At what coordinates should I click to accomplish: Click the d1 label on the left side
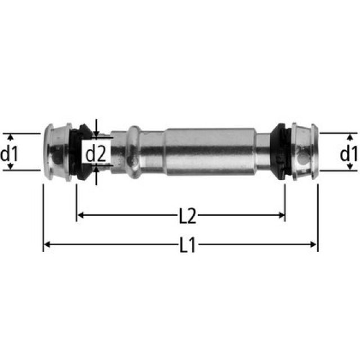[x=10, y=152]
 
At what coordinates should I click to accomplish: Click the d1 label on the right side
[x=349, y=152]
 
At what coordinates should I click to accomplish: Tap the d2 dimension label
[x=96, y=152]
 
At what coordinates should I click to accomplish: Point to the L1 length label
[x=188, y=245]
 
